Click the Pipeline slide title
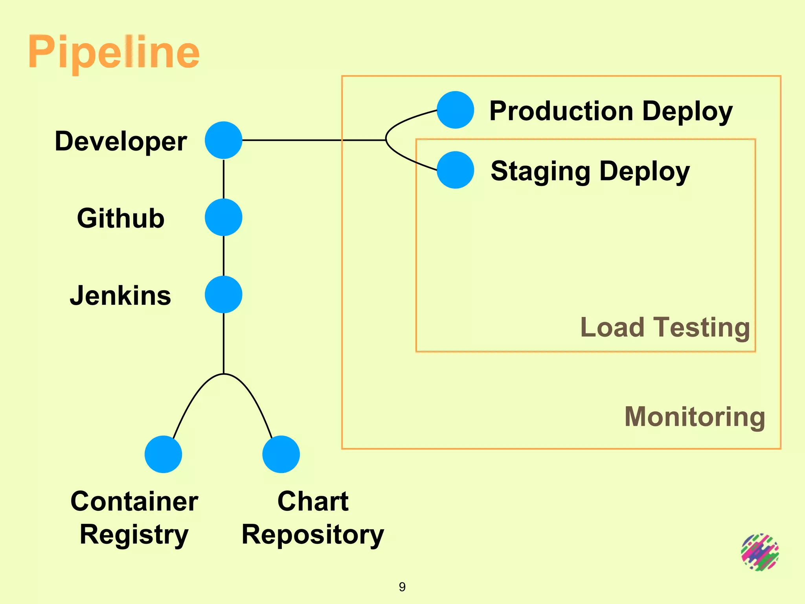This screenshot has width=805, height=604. (114, 52)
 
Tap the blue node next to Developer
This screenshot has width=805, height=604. (223, 140)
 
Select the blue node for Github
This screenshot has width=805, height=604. (223, 217)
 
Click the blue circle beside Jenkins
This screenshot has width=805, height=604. (223, 295)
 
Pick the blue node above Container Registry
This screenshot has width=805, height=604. (163, 454)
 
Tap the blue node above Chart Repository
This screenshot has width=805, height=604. (281, 454)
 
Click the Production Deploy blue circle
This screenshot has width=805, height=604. (455, 110)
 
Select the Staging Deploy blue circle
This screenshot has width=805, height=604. (455, 170)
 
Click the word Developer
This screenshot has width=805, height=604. (121, 141)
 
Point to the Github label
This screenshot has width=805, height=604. (121, 218)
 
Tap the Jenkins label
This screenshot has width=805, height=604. (121, 296)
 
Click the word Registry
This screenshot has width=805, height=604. (134, 535)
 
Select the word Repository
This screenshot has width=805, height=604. (312, 535)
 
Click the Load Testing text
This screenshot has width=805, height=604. (665, 327)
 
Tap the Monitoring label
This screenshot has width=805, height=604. (695, 417)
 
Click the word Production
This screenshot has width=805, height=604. (561, 111)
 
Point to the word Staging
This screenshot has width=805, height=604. (540, 171)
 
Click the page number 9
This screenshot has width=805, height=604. (402, 587)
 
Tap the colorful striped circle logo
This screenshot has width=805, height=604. (760, 552)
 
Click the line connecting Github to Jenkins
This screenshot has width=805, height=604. (224, 256)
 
